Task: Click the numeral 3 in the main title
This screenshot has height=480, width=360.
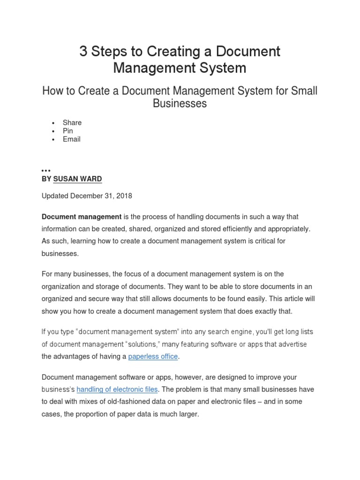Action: [x=83, y=52]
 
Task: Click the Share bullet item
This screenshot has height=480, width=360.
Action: [x=72, y=122]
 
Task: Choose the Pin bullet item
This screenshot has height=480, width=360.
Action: [x=68, y=131]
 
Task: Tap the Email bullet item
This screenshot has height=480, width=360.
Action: [x=72, y=139]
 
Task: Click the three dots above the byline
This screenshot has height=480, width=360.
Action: [x=46, y=170]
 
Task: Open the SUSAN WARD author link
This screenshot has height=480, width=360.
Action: [x=77, y=179]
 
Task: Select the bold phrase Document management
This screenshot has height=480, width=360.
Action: [x=82, y=217]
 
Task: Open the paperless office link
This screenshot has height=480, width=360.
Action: [x=153, y=356]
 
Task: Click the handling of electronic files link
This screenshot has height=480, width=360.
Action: [x=118, y=389]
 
